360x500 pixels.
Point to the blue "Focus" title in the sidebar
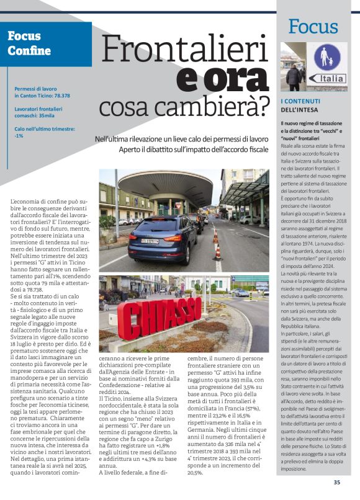tap(313, 26)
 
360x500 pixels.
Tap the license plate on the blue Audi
tap(150, 241)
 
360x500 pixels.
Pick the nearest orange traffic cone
tap(218, 252)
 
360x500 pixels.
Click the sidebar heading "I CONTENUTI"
tap(301, 101)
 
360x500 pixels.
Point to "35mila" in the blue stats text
tap(46, 115)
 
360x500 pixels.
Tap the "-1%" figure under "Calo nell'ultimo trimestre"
tap(19, 136)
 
